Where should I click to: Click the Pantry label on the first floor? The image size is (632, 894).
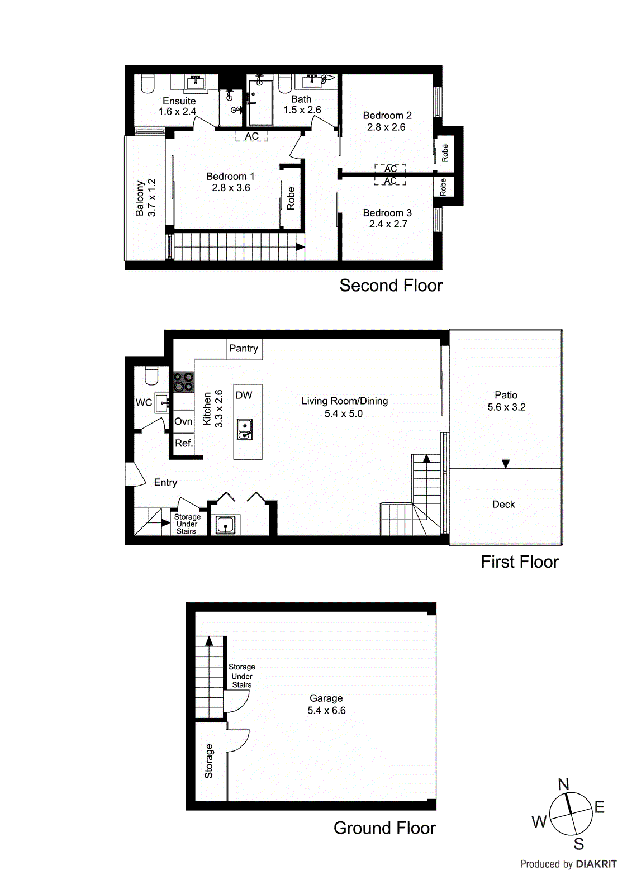click(x=244, y=349)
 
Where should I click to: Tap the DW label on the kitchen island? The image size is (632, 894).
click(x=244, y=396)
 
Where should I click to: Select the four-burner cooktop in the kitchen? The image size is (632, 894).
click(x=183, y=382)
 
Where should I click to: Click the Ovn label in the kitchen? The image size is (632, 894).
click(x=183, y=422)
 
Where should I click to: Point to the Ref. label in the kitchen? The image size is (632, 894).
click(x=184, y=444)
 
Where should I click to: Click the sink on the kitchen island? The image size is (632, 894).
click(x=245, y=429)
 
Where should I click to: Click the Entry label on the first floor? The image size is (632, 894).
click(x=165, y=483)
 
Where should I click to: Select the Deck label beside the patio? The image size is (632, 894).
click(x=503, y=505)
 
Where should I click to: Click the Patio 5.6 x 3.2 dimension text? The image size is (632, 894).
click(x=506, y=407)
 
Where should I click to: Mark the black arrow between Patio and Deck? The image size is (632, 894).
click(x=506, y=464)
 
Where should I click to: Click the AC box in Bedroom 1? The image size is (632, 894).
click(x=251, y=136)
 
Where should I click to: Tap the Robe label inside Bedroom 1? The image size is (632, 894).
click(x=291, y=198)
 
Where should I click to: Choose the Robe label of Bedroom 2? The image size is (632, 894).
click(x=445, y=153)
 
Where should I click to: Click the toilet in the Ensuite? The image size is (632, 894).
click(x=148, y=84)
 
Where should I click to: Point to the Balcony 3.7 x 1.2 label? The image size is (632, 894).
click(x=145, y=198)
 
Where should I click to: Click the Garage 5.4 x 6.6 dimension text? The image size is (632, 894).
click(x=326, y=711)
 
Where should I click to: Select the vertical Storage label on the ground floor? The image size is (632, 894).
click(x=209, y=761)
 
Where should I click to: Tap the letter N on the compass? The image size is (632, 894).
click(x=563, y=784)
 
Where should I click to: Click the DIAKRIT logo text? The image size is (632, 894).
click(x=596, y=864)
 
